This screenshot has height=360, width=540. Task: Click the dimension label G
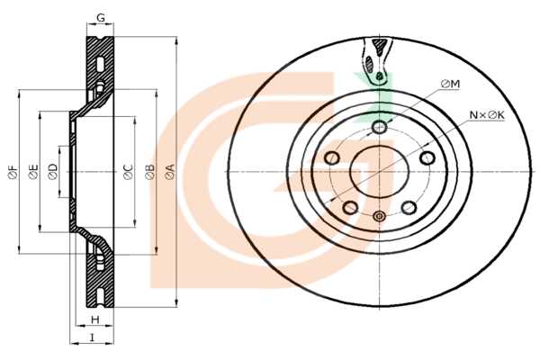point(101,18)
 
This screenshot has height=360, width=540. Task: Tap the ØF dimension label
point(13,172)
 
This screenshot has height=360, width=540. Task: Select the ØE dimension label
point(33,172)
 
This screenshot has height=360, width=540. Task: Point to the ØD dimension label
point(53,172)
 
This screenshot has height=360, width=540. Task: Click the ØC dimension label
point(128,172)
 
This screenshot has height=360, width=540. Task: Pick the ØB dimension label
point(149,172)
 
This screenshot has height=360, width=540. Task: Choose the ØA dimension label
point(170,172)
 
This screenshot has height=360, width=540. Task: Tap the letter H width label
point(95,319)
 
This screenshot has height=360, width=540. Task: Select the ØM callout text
point(451,84)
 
